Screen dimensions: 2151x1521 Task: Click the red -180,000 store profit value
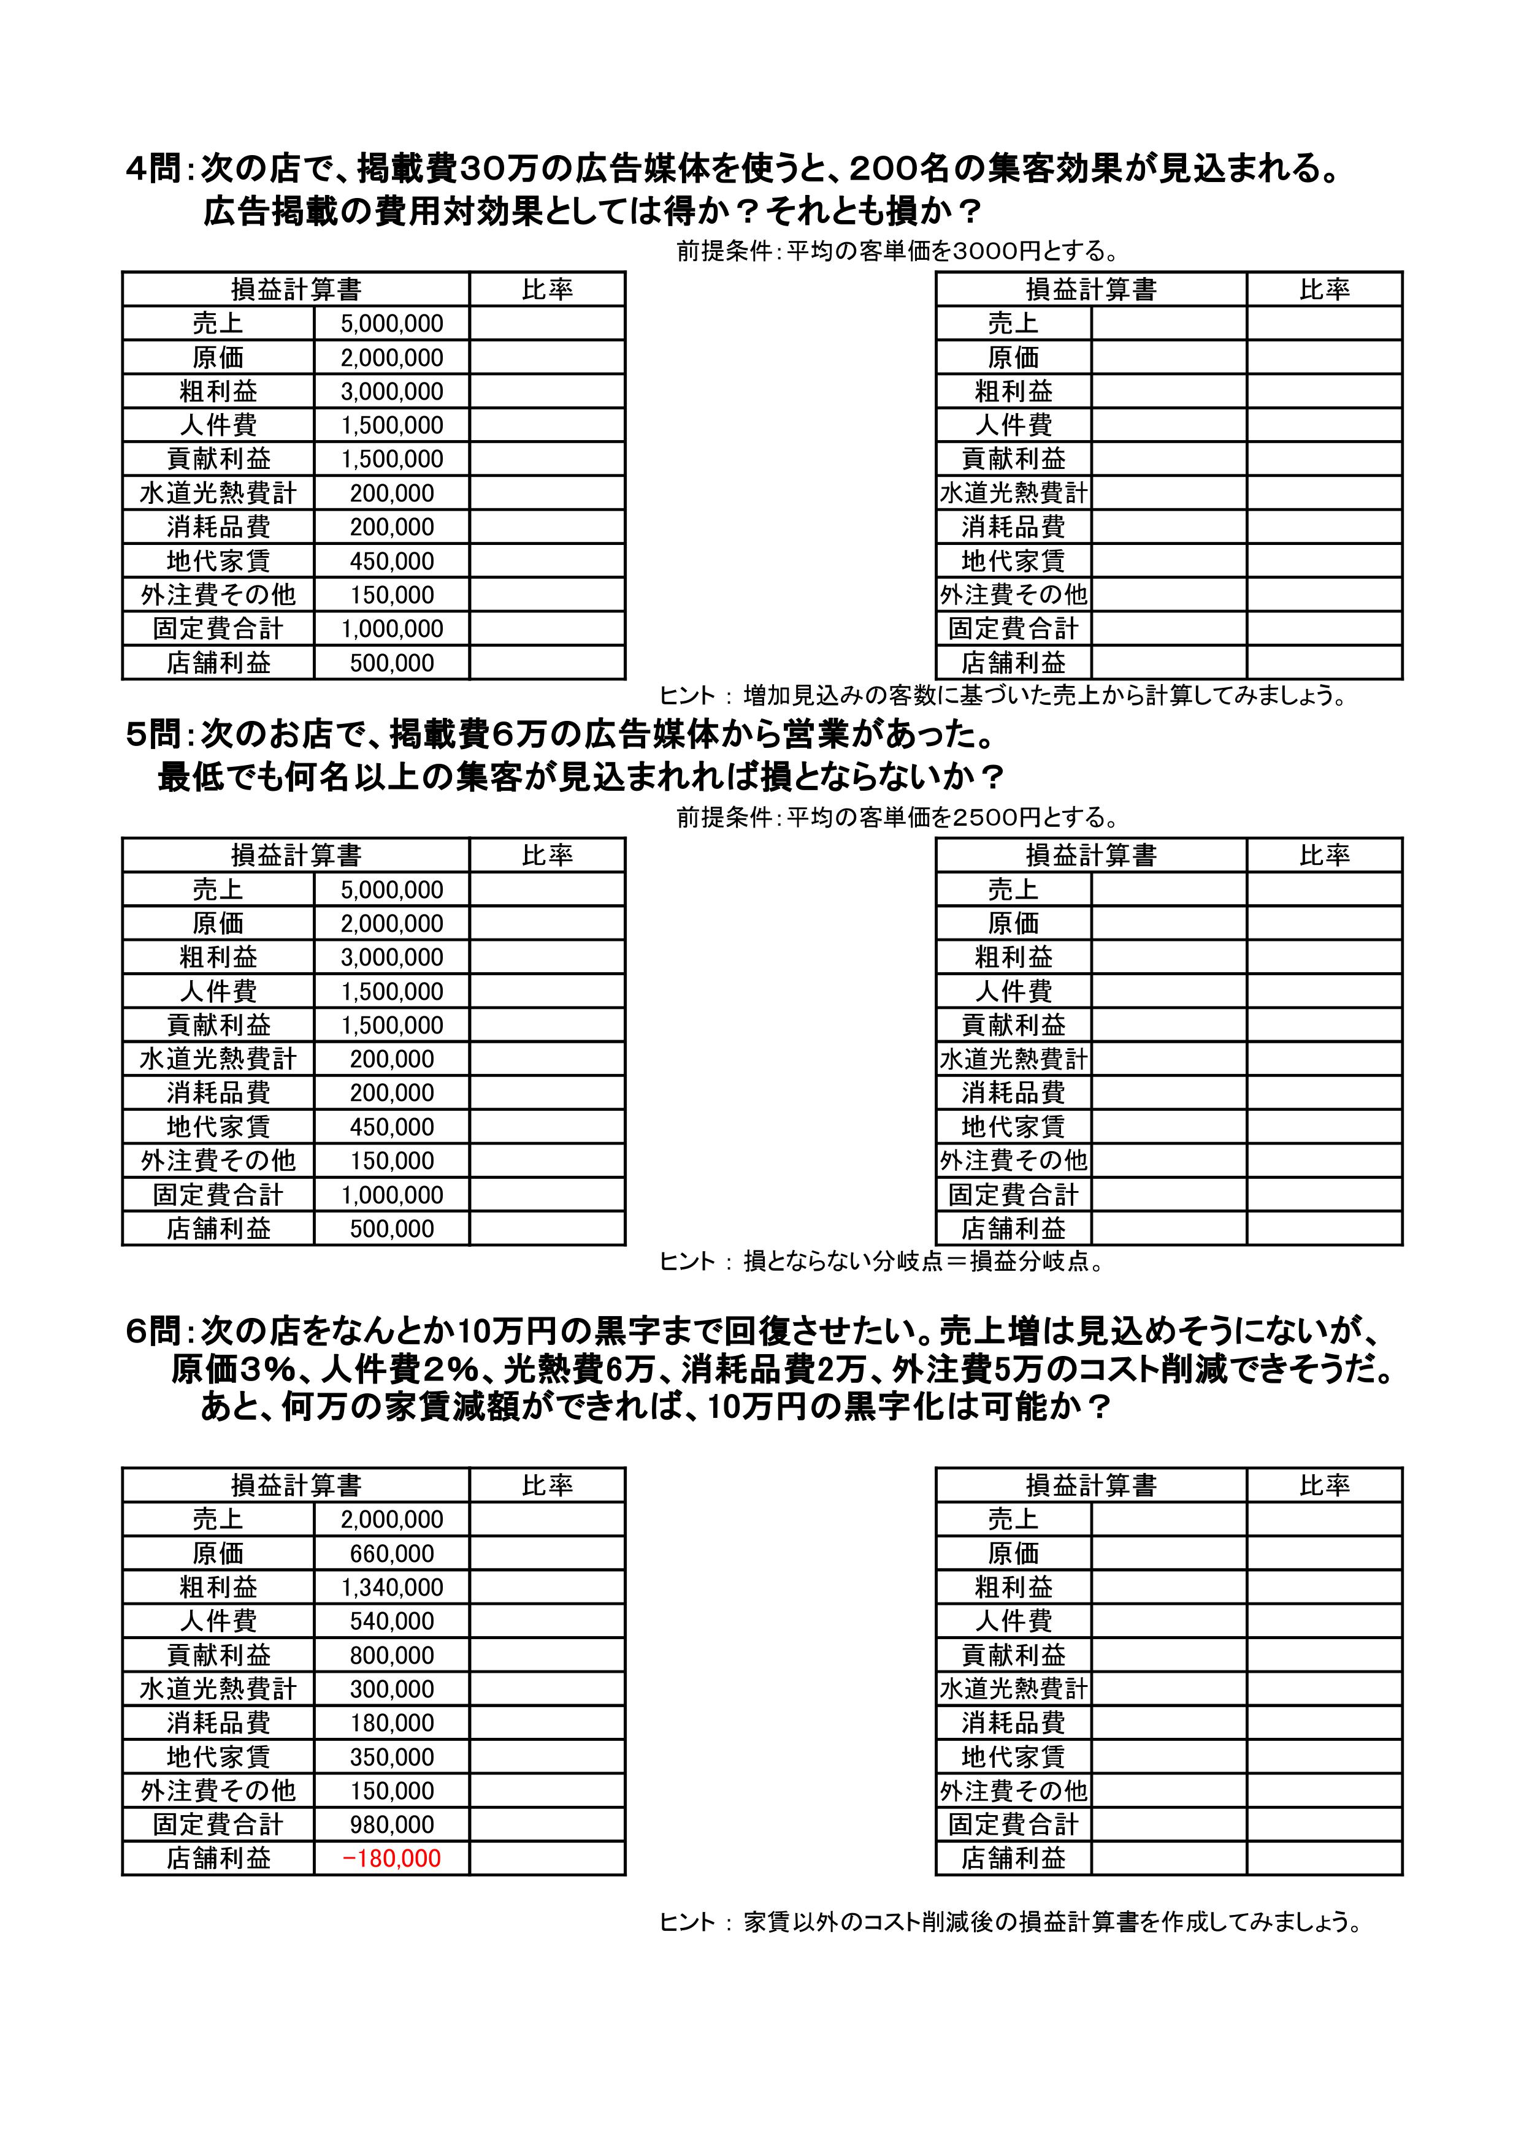392,1858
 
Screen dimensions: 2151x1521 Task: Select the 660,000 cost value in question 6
392,1553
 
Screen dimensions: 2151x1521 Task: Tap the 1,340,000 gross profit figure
392,1587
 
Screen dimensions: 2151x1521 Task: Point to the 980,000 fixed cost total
392,1824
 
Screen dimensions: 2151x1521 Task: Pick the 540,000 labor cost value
392,1621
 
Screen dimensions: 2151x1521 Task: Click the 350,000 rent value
392,1757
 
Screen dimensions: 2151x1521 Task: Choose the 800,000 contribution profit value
392,1656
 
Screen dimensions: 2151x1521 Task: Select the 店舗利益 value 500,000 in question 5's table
392,1228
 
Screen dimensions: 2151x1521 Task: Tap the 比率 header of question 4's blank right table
1324,289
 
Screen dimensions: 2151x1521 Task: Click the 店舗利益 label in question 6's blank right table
1013,1858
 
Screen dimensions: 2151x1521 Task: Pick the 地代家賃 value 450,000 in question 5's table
392,1127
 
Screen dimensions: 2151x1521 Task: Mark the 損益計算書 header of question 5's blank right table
1091,855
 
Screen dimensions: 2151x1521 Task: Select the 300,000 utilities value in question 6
392,1689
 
